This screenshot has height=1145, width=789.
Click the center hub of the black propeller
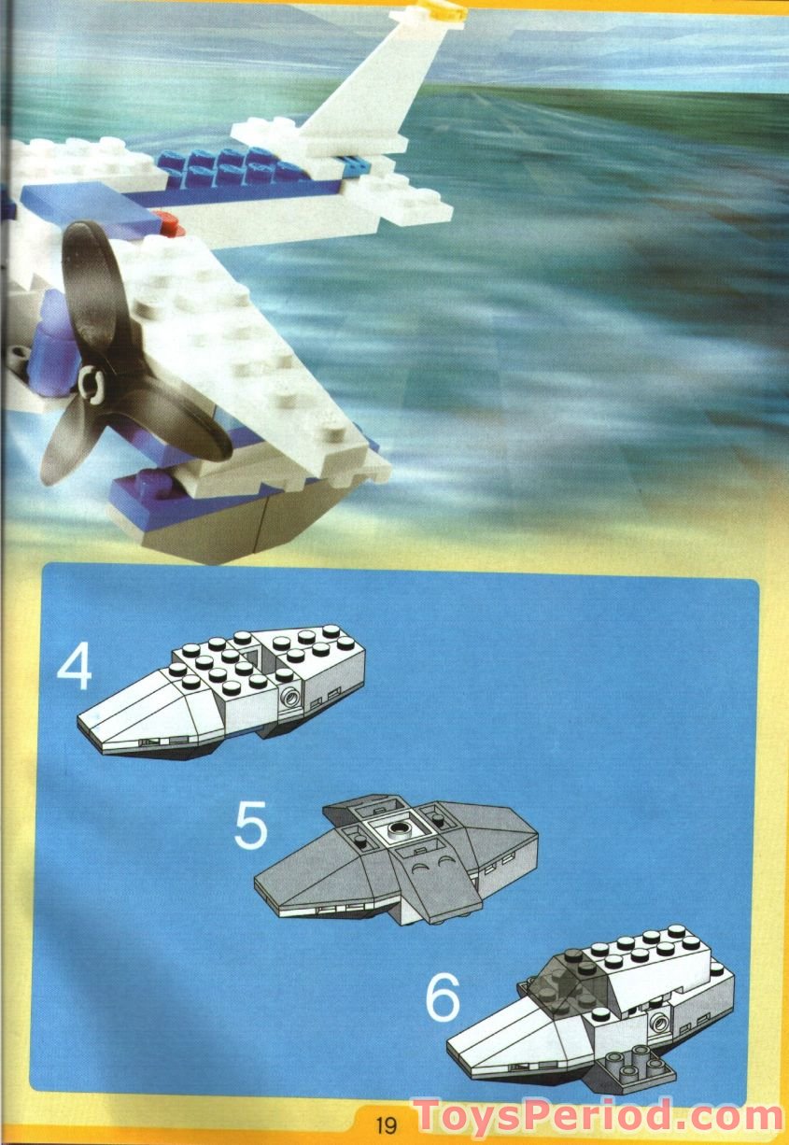point(90,380)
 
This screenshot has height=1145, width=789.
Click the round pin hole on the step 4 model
point(291,696)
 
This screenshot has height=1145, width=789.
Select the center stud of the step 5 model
point(400,827)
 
